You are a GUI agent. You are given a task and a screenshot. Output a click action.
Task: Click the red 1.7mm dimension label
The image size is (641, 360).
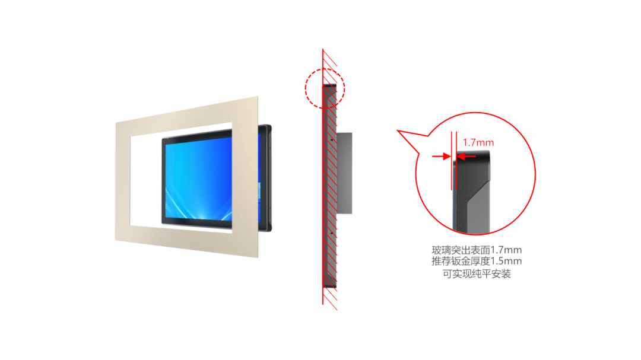point(478,142)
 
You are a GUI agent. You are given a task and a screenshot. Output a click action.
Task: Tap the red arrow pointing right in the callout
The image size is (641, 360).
point(442,156)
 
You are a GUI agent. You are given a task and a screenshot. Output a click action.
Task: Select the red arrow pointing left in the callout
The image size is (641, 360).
point(466,156)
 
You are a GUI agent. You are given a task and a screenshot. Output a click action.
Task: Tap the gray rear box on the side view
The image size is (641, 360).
point(344,173)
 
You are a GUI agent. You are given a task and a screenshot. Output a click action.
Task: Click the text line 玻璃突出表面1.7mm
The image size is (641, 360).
point(477,250)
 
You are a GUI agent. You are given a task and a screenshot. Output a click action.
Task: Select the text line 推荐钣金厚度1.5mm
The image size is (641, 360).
point(477,261)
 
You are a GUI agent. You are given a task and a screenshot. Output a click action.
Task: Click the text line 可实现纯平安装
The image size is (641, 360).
point(477,274)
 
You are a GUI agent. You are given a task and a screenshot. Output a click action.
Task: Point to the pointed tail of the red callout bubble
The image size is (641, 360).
point(398,130)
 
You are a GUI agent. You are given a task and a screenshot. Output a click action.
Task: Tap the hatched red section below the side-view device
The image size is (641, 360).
point(330,298)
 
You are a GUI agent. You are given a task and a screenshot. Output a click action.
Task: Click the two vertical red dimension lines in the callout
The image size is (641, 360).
point(454,161)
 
